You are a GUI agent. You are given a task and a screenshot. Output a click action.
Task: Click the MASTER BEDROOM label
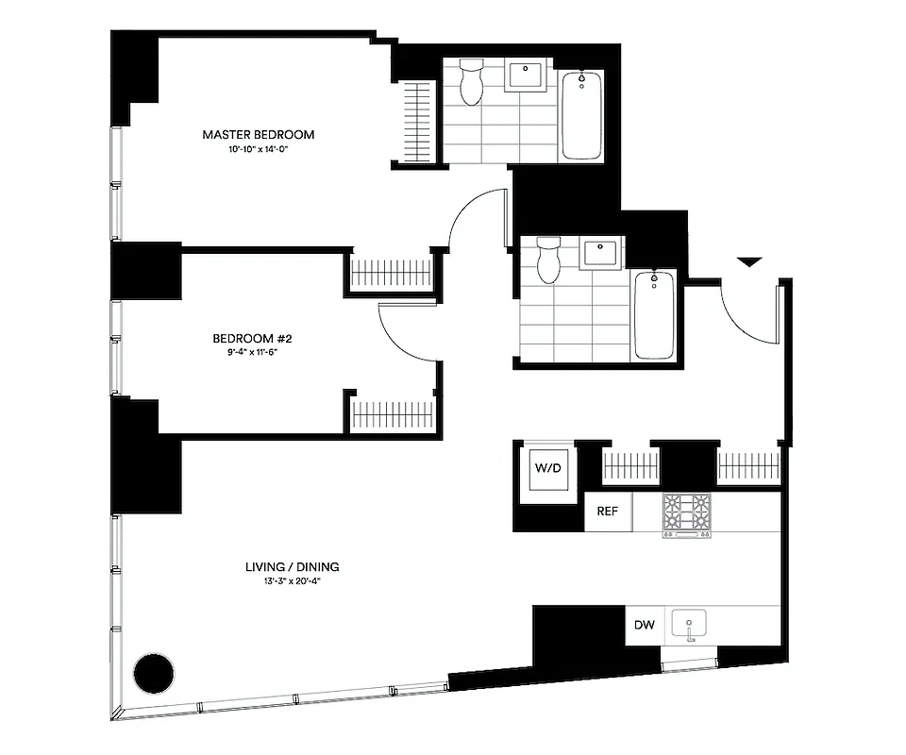258,135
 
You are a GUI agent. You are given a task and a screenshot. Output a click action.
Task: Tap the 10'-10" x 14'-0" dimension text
258,150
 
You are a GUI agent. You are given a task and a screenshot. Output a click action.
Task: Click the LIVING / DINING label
292,567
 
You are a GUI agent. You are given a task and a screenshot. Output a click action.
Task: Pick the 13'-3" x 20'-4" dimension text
292,582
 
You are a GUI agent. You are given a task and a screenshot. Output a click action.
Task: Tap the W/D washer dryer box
546,468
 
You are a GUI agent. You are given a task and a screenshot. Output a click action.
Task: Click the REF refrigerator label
608,512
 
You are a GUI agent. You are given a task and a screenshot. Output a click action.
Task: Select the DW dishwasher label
645,625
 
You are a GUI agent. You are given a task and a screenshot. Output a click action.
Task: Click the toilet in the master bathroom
470,83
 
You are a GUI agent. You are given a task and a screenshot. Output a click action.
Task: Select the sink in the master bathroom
524,75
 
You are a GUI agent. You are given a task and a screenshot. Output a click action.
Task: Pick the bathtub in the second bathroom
654,314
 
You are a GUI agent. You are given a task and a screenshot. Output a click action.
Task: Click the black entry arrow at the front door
747,262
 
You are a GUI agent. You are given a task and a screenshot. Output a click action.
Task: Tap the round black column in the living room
153,674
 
